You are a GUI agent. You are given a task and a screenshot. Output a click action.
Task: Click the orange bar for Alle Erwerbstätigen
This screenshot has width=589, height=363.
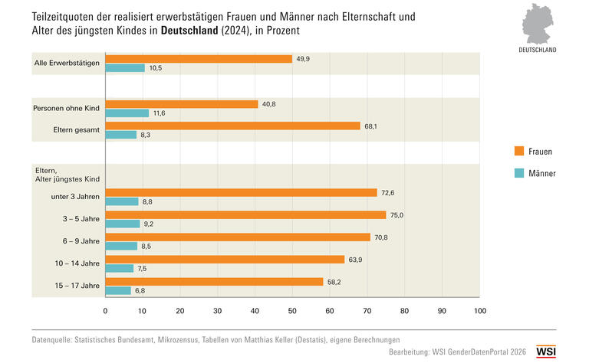pyautogui.click(x=199, y=59)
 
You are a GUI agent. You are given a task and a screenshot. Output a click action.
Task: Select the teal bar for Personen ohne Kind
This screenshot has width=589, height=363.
pyautogui.click(x=127, y=113)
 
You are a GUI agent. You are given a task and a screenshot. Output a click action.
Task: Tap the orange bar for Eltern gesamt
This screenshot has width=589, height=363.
pyautogui.click(x=233, y=126)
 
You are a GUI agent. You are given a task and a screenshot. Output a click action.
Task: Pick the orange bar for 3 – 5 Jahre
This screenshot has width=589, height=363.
pyautogui.click(x=245, y=215)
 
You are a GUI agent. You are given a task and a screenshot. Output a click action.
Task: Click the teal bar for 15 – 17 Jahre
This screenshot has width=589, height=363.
pyautogui.click(x=118, y=290)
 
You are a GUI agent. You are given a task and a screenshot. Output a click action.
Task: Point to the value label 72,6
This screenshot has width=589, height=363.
pyautogui.click(x=387, y=193)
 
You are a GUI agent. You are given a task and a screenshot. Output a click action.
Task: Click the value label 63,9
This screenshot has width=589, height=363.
pyautogui.click(x=355, y=260)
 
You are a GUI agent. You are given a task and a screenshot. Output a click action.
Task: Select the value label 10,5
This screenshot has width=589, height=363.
pyautogui.click(x=156, y=68)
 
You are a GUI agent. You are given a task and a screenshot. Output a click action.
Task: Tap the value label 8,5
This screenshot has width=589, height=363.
pyautogui.click(x=146, y=247)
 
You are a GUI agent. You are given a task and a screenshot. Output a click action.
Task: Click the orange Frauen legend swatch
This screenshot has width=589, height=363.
pyautogui.click(x=519, y=151)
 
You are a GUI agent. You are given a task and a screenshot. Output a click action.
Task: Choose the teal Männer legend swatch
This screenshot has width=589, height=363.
pyautogui.click(x=519, y=173)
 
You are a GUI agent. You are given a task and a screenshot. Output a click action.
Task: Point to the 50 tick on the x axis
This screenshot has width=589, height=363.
pyautogui.click(x=292, y=311)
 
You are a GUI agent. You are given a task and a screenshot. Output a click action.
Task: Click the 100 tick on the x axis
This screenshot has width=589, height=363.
pyautogui.click(x=480, y=311)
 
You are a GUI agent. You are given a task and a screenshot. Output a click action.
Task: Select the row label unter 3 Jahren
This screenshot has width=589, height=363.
pyautogui.click(x=75, y=197)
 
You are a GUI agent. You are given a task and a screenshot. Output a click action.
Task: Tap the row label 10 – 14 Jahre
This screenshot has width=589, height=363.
pyautogui.click(x=77, y=263)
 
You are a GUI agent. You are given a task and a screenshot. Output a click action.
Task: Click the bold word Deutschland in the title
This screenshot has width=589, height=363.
pyautogui.click(x=189, y=31)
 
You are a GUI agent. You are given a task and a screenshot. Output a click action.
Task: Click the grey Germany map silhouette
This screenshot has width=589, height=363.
pyautogui.click(x=537, y=24)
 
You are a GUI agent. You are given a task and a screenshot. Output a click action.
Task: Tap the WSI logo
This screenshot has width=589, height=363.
pyautogui.click(x=546, y=352)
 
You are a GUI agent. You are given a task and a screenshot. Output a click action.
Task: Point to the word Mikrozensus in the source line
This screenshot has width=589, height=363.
pyautogui.click(x=178, y=340)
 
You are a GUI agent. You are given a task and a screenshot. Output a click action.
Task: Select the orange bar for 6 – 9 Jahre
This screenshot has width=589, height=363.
pyautogui.click(x=238, y=237)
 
